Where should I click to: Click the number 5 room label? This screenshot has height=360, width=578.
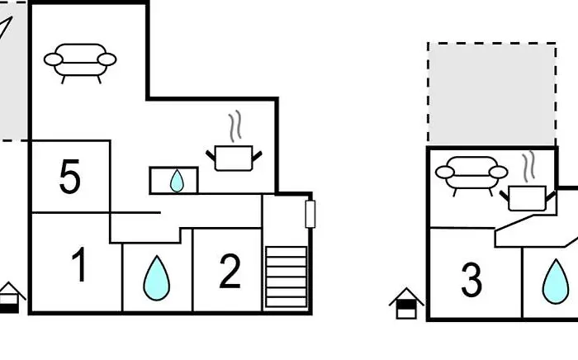[70, 178]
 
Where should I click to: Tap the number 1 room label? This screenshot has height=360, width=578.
[78, 266]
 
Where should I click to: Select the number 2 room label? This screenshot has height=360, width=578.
[230, 271]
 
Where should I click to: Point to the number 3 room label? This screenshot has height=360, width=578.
[471, 280]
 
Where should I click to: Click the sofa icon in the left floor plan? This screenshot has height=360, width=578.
[80, 61]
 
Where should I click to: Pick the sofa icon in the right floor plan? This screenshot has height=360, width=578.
[471, 174]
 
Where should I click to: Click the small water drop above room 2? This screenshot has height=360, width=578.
[177, 181]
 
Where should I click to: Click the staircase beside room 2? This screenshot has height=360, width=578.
[286, 277]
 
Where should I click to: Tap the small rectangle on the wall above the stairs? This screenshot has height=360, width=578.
[310, 214]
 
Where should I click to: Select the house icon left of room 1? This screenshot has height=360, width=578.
[10, 297]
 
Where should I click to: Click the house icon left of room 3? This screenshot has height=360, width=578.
[406, 304]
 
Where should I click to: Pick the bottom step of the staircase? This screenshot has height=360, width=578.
[286, 301]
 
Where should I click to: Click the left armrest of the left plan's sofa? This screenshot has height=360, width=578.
[53, 59]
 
